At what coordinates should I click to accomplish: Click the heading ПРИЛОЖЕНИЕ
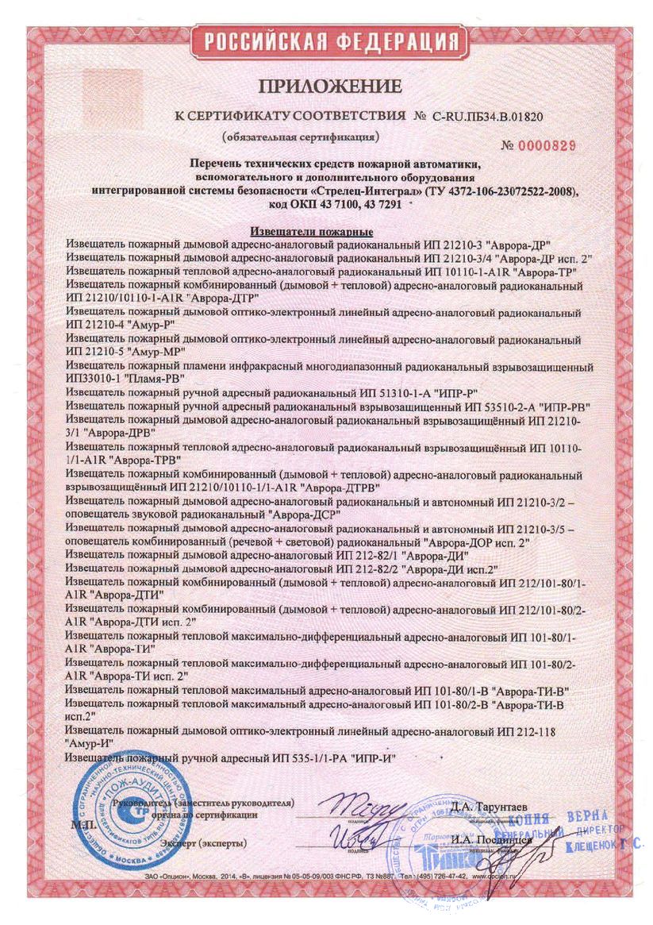point(328,85)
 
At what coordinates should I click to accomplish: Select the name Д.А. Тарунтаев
point(490,807)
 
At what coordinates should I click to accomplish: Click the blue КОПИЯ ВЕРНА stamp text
point(557,818)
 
